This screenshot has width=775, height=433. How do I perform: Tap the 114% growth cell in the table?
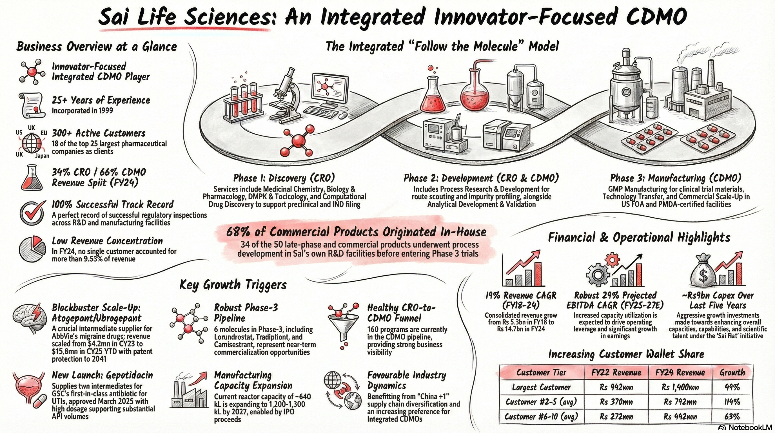[732, 402]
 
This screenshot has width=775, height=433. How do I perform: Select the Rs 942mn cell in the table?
[616, 387]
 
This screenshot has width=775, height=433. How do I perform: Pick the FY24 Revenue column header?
[680, 372]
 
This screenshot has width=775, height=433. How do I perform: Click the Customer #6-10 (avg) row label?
[541, 416]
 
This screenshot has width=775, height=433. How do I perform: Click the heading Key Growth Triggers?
[233, 285]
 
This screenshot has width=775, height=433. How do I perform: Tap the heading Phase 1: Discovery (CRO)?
[284, 178]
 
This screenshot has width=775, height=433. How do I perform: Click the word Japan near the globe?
[42, 156]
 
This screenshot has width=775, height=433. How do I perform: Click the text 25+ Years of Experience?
[101, 100]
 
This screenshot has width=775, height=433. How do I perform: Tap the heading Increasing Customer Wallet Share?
[626, 354]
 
